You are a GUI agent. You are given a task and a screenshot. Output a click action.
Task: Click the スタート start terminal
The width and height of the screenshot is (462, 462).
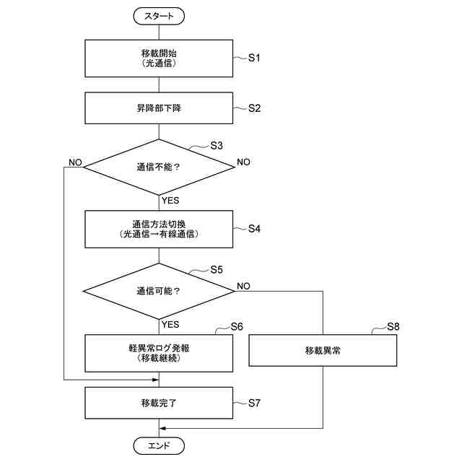[x=159, y=14]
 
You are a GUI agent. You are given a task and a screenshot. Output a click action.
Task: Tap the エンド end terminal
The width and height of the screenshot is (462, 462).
[x=159, y=445]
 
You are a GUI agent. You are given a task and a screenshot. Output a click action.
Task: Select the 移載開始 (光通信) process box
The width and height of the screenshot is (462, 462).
[x=159, y=58]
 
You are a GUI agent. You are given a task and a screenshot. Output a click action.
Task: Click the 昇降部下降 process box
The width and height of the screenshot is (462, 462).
[x=159, y=108]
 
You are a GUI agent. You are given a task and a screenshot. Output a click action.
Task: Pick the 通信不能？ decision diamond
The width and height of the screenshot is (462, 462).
[x=159, y=167]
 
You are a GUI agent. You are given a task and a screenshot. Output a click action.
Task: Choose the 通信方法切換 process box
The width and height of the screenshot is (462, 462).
[x=159, y=229]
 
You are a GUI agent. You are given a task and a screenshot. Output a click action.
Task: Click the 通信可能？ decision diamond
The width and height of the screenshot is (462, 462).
[x=159, y=292]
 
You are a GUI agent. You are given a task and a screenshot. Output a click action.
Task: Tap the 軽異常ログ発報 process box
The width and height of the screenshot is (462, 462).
[x=159, y=352]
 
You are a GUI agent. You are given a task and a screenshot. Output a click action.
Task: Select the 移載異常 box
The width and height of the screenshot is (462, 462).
[x=323, y=352]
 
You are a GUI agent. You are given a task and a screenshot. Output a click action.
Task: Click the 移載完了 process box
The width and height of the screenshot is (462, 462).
[x=159, y=403]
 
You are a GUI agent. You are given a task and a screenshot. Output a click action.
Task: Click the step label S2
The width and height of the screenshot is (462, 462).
[x=253, y=108]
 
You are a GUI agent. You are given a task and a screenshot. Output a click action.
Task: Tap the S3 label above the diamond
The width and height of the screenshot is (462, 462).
[x=216, y=145]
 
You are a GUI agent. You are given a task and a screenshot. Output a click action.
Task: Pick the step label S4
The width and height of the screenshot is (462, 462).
[x=253, y=229]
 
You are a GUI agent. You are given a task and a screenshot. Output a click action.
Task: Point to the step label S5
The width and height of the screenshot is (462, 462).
[x=216, y=270]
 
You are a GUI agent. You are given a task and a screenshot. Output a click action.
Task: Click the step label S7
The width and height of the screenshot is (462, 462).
[x=253, y=403]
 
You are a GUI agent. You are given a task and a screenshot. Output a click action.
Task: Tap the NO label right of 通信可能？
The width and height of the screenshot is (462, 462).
[x=243, y=286]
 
